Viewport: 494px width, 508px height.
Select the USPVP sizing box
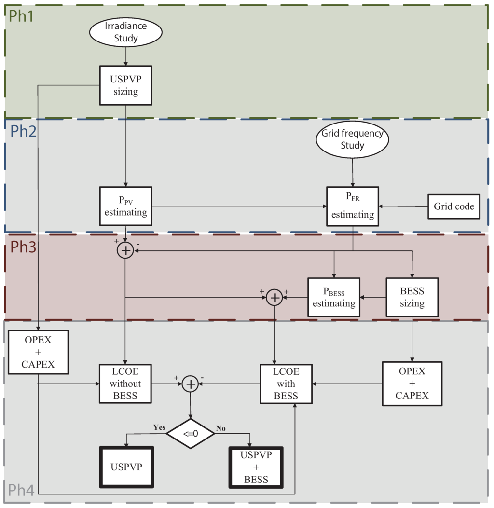[x=125, y=84]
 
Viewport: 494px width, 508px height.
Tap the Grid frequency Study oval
[x=352, y=139]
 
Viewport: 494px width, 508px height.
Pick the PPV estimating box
[x=125, y=206]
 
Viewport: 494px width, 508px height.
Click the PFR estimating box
[x=352, y=206]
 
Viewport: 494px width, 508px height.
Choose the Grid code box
[x=454, y=206]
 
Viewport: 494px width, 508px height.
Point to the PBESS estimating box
[x=334, y=297]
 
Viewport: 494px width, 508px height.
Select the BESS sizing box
[x=412, y=297]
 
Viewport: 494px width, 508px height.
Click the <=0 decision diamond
[x=191, y=434]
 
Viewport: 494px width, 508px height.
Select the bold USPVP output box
[x=126, y=467]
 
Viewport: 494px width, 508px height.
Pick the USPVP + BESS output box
[x=255, y=467]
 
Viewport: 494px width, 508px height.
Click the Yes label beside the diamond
[x=159, y=427]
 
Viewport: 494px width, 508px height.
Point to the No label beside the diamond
[x=221, y=428]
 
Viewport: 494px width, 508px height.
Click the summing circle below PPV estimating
[x=125, y=250]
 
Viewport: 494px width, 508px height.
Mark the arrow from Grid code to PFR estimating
[x=403, y=206]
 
